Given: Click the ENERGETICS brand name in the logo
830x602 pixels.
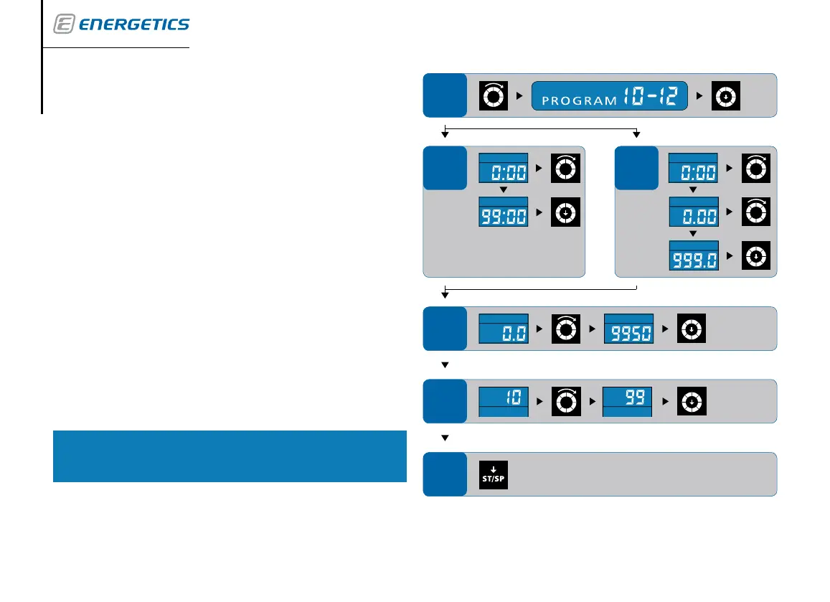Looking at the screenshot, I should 133,24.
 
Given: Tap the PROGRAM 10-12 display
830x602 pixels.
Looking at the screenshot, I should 609,95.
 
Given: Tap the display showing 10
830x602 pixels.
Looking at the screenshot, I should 503,400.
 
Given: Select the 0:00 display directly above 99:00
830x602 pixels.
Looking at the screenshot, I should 503,170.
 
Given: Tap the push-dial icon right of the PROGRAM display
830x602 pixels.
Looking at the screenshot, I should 726,95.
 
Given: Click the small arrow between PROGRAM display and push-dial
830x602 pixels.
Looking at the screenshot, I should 700,95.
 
